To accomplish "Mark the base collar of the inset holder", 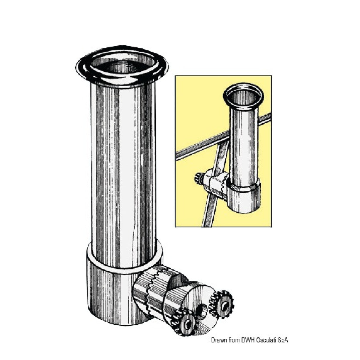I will point(244,197).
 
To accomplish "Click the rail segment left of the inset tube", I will point(202,147).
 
